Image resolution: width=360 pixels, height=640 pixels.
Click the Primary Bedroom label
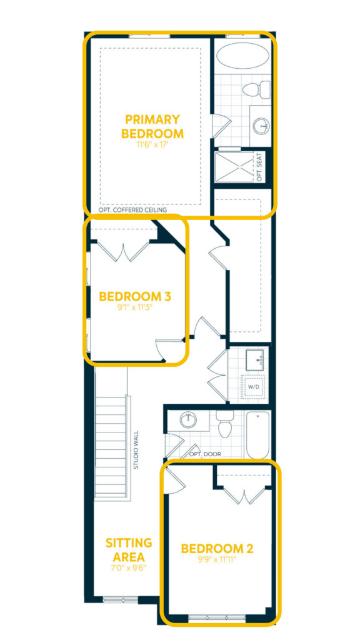tap(152, 126)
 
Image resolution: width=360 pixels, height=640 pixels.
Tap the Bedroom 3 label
tap(135, 296)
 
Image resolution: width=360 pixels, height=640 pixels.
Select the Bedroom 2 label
tap(217, 549)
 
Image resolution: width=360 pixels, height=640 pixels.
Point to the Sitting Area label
tap(129, 549)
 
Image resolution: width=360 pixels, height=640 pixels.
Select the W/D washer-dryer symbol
tap(254, 386)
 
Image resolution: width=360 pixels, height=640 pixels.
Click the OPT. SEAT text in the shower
tap(259, 166)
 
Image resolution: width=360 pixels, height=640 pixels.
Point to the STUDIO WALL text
tap(136, 450)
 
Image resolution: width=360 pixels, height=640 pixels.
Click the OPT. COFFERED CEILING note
tap(132, 210)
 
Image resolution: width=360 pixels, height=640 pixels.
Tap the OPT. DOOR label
tap(205, 454)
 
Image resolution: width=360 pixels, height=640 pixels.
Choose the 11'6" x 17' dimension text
tap(152, 144)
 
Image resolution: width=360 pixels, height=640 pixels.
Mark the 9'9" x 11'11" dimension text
tap(217, 559)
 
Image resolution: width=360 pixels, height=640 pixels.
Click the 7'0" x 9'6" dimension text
tap(129, 567)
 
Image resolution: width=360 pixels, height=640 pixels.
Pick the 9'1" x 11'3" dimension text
tap(135, 306)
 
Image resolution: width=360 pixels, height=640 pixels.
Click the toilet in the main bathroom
tap(224, 424)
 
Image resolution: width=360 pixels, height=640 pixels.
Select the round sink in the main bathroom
tap(187, 419)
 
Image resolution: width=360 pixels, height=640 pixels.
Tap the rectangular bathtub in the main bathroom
tap(257, 435)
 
